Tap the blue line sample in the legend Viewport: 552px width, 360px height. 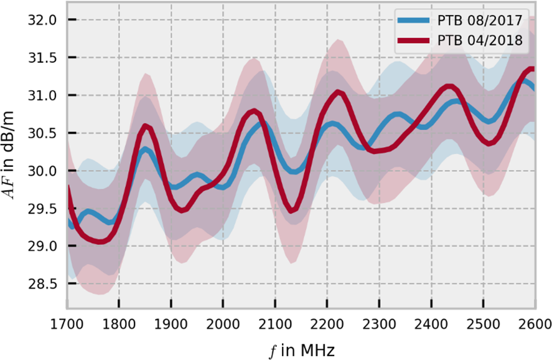(x=414, y=21)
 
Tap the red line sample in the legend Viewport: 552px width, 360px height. (x=414, y=41)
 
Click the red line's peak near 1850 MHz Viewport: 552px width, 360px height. (x=146, y=126)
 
